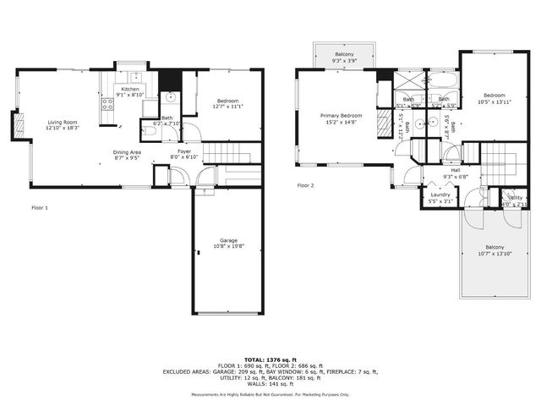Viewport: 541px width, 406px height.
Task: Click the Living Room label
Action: pos(62,123)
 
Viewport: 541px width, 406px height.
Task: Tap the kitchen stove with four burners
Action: pos(108,105)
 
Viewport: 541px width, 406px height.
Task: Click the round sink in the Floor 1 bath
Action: pos(170,97)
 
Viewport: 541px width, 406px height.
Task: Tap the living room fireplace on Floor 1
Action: pos(16,127)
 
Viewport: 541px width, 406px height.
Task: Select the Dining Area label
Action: pos(128,152)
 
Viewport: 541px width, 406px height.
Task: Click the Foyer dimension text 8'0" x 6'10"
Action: pos(183,157)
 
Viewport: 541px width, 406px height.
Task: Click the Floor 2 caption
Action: pos(305,184)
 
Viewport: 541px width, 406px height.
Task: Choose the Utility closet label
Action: pos(515,198)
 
